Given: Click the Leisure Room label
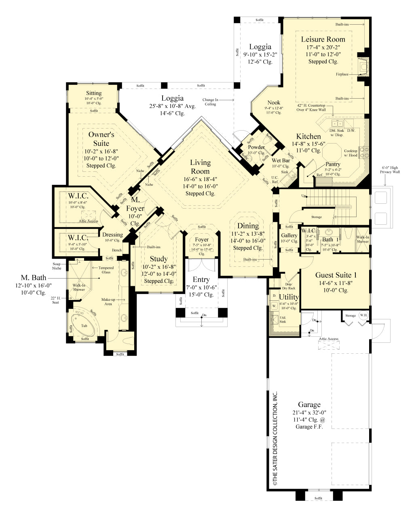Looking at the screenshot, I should pyautogui.click(x=323, y=39).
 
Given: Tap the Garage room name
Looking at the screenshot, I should pyautogui.click(x=309, y=404).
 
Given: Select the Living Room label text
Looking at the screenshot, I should pyautogui.click(x=200, y=167).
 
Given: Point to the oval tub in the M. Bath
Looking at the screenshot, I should pyautogui.click(x=84, y=325).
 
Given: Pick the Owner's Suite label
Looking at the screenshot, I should pyautogui.click(x=101, y=139).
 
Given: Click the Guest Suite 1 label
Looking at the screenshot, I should pyautogui.click(x=336, y=275).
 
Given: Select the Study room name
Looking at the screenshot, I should pyautogui.click(x=158, y=259).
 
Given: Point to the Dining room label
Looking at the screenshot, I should pyautogui.click(x=248, y=226).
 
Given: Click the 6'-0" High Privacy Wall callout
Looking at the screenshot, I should pyautogui.click(x=390, y=170).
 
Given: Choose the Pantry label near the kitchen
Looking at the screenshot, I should pyautogui.click(x=333, y=164).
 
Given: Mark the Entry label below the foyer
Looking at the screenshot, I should pyautogui.click(x=201, y=279).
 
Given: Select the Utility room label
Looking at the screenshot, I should pyautogui.click(x=289, y=297).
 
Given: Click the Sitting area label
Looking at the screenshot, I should pyautogui.click(x=94, y=93).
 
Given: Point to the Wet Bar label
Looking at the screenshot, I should pyautogui.click(x=281, y=160).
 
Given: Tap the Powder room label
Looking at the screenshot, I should pyautogui.click(x=256, y=147).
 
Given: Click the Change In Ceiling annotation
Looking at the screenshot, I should pyautogui.click(x=210, y=102).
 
